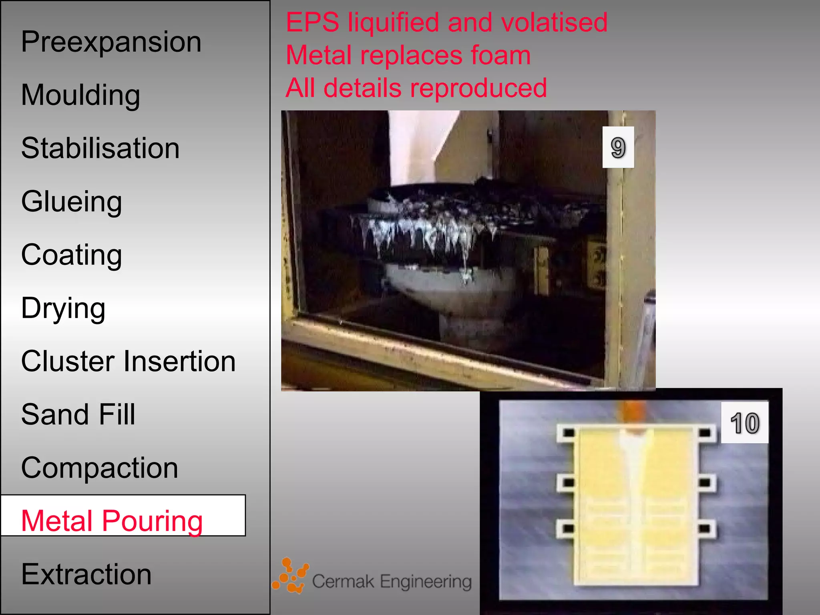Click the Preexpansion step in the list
111,42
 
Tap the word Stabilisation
100,148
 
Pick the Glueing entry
71,201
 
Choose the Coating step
71,255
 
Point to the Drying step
63,308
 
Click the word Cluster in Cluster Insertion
68,361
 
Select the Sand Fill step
78,414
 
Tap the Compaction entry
99,468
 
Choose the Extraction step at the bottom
86,574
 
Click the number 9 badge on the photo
618,147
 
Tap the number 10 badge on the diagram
744,423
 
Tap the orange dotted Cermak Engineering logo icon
291,576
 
